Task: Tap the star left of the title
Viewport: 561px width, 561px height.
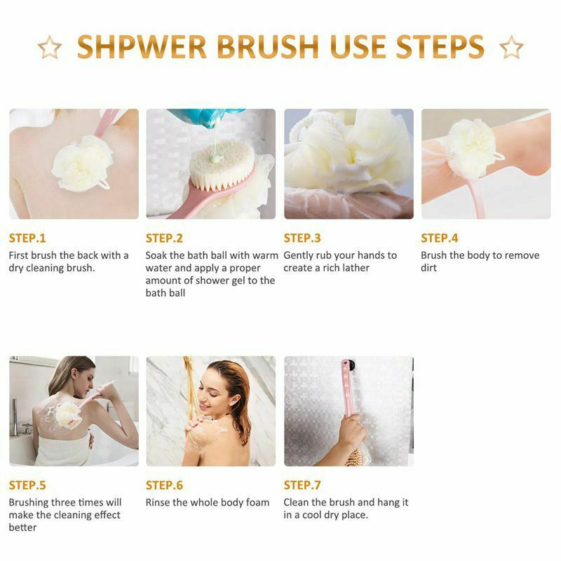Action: pos(50,48)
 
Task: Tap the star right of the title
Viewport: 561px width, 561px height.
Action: pos(511,48)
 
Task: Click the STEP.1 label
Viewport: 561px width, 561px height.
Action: pos(27,238)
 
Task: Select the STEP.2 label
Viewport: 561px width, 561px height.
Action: pos(164,238)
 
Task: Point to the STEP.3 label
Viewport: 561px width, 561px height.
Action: pos(302,238)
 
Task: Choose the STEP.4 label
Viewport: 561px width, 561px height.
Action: pos(439,238)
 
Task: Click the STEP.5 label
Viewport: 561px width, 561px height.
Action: pos(27,485)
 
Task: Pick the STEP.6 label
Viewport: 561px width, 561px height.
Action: pos(164,485)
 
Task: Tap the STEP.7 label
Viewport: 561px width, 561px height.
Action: pos(302,485)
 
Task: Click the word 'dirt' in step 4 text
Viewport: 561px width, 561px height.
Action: pos(429,268)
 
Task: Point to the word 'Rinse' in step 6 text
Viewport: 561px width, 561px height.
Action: pos(159,502)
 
